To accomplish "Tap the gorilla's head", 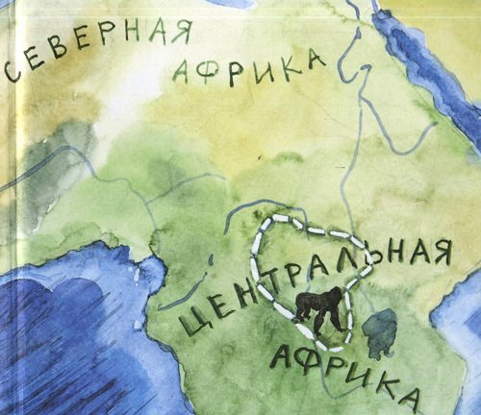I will (x=335, y=294).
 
